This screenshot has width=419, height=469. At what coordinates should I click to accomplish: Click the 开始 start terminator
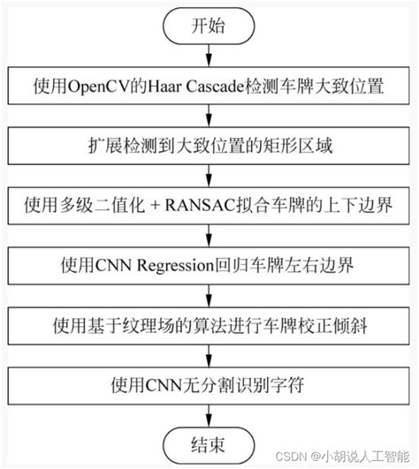[x=209, y=26]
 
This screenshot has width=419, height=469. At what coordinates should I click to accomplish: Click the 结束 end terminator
[x=209, y=442]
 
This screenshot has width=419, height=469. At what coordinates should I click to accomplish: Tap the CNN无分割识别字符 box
[x=209, y=384]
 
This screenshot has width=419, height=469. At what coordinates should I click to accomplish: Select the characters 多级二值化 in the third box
[x=114, y=206]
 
